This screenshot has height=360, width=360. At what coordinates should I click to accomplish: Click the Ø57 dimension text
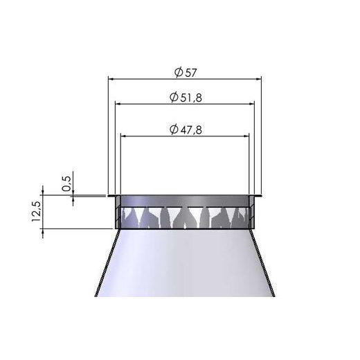[183, 71]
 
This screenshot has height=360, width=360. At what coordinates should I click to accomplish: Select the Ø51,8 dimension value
[185, 98]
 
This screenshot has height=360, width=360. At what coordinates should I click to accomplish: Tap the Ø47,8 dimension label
[185, 129]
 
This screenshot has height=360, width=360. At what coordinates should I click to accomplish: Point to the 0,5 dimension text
[67, 183]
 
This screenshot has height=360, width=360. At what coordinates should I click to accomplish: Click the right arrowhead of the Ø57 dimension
[259, 80]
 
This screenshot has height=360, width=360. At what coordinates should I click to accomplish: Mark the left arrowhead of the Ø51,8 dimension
[118, 105]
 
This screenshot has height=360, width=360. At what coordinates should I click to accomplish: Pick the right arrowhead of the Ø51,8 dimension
[252, 105]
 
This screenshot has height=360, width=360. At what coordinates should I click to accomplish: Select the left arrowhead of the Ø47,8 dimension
[124, 136]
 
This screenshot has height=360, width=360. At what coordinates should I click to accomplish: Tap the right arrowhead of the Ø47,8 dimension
[246, 136]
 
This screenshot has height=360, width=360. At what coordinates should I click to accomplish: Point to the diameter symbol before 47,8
[173, 129]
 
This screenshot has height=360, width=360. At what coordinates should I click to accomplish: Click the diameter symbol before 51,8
[173, 98]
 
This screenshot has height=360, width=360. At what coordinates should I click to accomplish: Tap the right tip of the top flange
[260, 197]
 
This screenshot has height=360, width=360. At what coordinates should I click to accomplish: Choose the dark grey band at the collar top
[185, 201]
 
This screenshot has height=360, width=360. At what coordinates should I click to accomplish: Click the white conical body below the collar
[185, 267]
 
